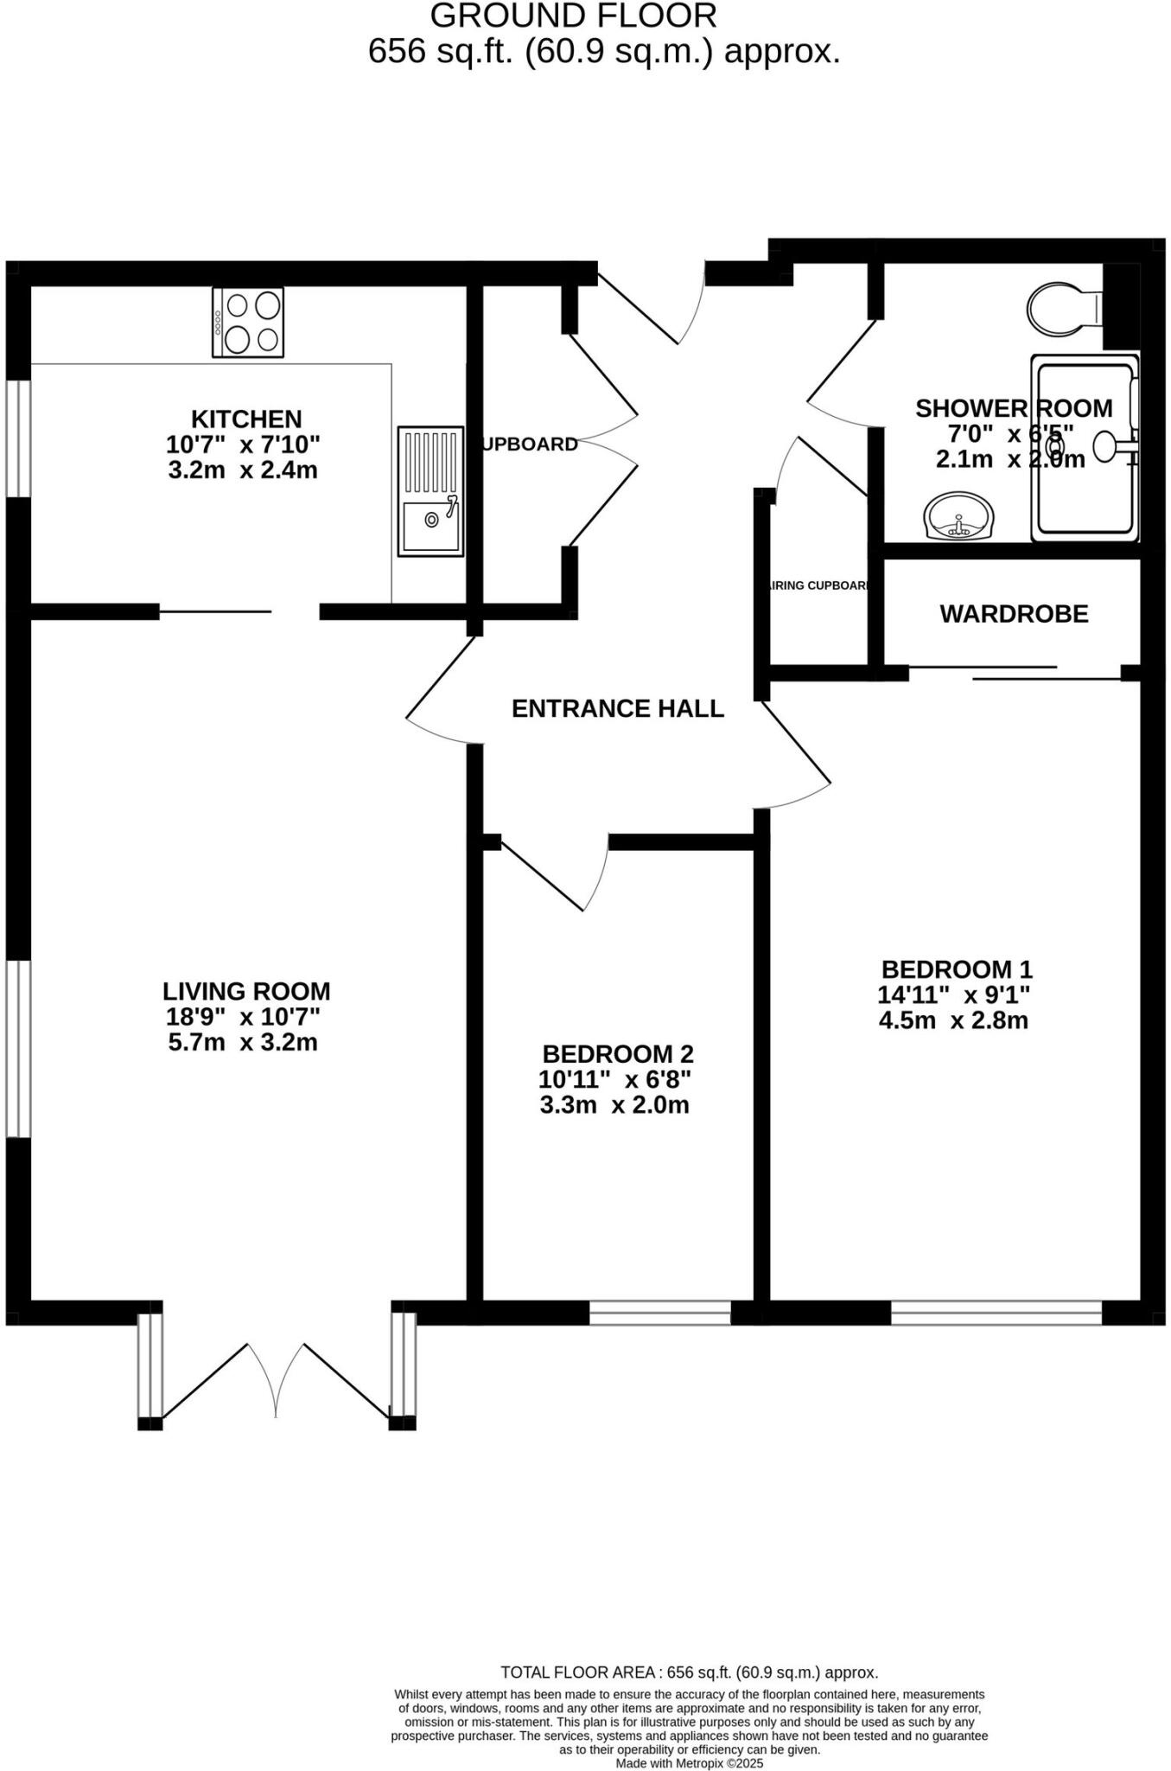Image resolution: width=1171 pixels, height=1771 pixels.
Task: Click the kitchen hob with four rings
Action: tap(248, 323)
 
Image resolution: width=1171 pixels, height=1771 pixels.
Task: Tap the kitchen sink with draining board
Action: tap(430, 490)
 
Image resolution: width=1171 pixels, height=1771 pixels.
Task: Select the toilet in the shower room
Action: tap(1062, 308)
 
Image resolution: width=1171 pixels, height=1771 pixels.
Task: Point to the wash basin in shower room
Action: tap(959, 517)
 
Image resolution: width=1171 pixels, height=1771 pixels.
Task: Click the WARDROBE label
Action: tap(1014, 614)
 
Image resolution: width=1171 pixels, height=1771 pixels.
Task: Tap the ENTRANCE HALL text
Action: tap(617, 709)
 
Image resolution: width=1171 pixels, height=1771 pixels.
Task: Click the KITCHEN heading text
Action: tap(246, 419)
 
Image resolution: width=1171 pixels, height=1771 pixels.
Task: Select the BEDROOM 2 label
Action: tap(617, 1054)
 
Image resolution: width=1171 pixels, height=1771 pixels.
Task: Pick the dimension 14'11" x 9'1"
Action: tap(954, 994)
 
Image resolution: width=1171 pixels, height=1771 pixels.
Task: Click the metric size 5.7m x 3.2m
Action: tap(243, 1042)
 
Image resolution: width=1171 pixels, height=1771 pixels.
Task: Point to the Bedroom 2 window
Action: tap(660, 1312)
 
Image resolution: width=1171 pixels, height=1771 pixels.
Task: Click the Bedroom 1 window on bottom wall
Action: tap(996, 1312)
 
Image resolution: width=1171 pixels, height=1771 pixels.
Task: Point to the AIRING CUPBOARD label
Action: tap(817, 585)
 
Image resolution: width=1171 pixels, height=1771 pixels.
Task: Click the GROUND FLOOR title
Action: tap(573, 16)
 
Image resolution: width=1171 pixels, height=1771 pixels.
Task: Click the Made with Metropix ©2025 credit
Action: tap(689, 1763)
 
